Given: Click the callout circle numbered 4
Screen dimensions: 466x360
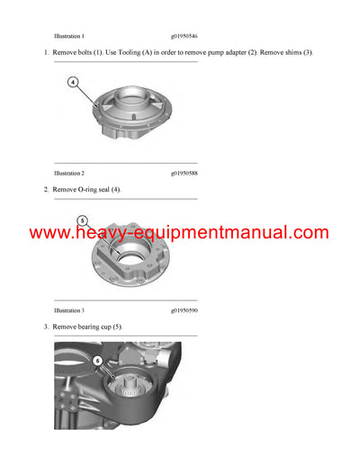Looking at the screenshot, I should coord(73,82).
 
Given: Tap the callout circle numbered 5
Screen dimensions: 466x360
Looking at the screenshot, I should coord(82,220).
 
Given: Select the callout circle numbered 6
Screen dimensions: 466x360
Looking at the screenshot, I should coord(97,361).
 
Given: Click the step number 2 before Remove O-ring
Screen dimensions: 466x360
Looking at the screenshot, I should coord(46,190).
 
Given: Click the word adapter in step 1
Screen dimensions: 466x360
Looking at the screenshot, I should coord(221,54).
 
